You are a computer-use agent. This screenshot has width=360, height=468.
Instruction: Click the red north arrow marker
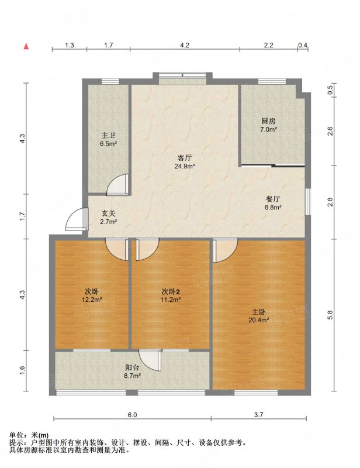tap(26, 46)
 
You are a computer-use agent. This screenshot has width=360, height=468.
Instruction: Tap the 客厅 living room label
tap(185, 158)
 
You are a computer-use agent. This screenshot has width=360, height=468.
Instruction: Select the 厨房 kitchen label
tap(268, 121)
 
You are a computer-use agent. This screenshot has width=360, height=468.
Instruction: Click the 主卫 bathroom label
tap(108, 136)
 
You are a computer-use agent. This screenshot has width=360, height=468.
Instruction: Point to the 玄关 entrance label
tap(108, 214)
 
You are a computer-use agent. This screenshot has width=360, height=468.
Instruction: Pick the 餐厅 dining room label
tap(273, 199)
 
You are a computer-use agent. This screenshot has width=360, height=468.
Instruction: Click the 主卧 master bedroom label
tap(258, 312)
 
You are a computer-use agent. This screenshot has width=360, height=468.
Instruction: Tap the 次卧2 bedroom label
tap(171, 291)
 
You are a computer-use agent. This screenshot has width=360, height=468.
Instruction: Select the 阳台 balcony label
tap(132, 368)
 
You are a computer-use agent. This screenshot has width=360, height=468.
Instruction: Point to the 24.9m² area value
tap(185, 166)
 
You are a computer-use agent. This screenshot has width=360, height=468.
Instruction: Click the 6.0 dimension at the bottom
tap(132, 415)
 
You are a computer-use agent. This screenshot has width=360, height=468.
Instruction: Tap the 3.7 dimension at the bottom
tap(258, 415)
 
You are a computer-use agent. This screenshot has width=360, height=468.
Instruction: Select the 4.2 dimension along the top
tap(185, 45)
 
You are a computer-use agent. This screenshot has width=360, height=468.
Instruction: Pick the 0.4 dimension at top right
tap(303, 45)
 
